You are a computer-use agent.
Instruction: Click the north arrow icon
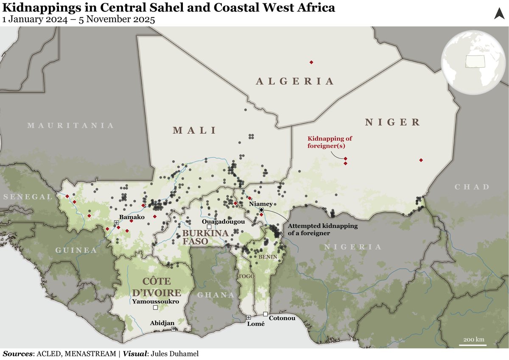(x=499, y=14)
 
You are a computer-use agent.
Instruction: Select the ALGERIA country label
(x=295, y=81)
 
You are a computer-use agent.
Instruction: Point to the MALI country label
(x=194, y=130)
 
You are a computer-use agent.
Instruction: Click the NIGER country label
(x=392, y=122)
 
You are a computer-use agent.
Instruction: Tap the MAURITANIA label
(x=70, y=126)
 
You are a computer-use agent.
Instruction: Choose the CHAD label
(x=472, y=187)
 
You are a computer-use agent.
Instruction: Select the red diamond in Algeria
(x=311, y=62)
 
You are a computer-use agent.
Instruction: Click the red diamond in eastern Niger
(x=421, y=160)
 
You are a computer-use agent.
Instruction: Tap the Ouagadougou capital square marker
(x=209, y=227)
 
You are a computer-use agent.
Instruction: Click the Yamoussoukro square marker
(x=155, y=307)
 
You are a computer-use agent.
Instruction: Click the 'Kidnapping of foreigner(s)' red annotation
(x=330, y=142)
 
